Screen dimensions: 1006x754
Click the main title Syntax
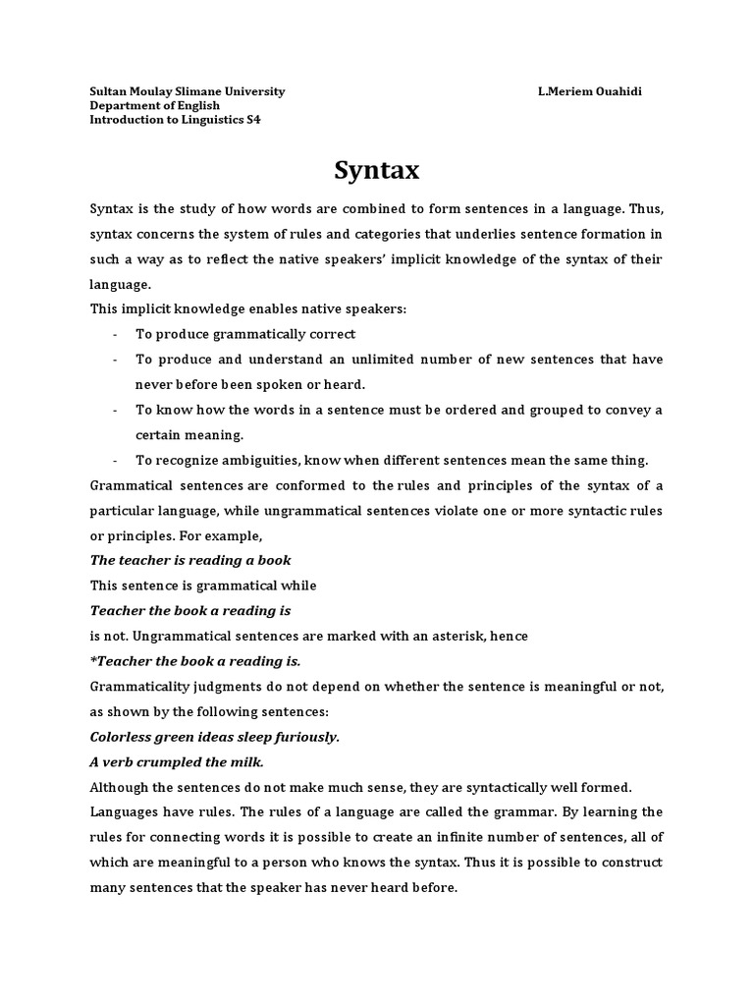(377, 171)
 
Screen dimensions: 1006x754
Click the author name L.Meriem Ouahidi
(590, 91)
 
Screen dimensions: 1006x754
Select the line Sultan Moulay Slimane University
(187, 91)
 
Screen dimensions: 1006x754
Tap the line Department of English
(154, 105)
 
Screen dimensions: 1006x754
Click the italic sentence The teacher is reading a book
(190, 560)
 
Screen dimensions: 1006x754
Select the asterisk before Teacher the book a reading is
(93, 660)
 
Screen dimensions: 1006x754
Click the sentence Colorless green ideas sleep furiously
(214, 737)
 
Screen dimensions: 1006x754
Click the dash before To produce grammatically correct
(116, 334)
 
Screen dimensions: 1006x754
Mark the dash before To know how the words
(116, 410)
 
